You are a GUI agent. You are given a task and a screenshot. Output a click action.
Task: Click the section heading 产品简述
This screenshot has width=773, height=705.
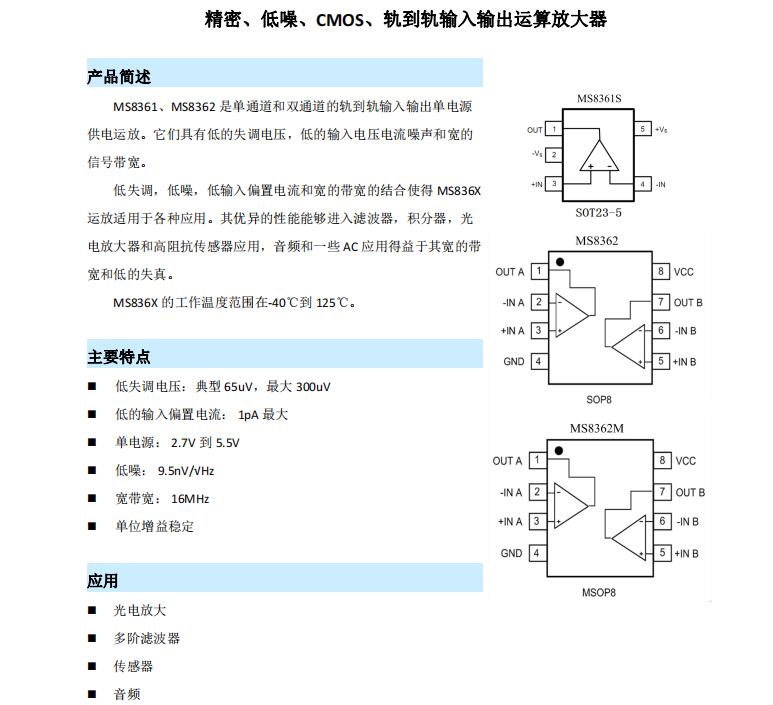coord(119,77)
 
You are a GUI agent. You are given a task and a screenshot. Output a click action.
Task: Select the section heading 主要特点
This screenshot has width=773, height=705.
coord(119,357)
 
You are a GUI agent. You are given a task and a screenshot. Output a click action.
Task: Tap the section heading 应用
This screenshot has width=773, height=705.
coord(103,581)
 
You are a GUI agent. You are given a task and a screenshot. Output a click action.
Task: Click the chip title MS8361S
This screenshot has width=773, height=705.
coord(599,99)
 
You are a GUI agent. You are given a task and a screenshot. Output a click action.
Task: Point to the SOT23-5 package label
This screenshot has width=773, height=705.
coord(598,212)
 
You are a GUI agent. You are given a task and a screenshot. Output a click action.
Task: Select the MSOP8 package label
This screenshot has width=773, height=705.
coord(598,592)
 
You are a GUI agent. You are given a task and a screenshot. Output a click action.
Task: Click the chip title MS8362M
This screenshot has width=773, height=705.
coord(598,429)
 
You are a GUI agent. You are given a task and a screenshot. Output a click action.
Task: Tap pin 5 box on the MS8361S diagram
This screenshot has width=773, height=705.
coord(642,129)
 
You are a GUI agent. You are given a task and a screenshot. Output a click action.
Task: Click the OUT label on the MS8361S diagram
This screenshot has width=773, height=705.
coord(535,130)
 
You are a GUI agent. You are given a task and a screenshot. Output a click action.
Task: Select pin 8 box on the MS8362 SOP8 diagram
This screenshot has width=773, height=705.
coord(660,272)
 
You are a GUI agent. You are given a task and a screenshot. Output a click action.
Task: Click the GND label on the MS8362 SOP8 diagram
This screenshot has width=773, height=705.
coord(513,361)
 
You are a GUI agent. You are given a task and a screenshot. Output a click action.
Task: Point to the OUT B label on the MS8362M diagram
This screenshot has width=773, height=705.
coord(689,492)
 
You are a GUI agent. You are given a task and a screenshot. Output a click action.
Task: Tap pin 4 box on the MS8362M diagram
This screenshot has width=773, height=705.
coord(537,553)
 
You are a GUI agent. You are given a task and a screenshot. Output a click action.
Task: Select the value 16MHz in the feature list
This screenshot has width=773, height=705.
coord(190,498)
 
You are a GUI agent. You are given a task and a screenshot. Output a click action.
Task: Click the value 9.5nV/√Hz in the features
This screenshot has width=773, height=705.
coord(185,470)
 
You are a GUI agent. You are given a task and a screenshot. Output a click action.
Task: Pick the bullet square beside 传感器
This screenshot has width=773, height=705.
coord(92,666)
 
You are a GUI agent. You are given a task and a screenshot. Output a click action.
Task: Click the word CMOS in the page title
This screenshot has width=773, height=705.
coord(342,20)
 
